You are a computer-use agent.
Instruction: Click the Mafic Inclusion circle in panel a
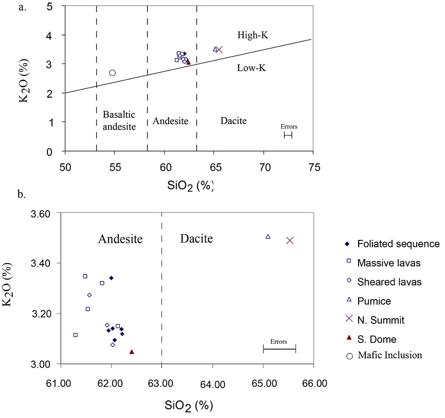[112, 73]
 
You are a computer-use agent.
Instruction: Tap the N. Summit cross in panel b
[290, 240]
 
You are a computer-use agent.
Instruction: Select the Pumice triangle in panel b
[268, 236]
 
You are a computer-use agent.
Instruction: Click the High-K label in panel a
[253, 35]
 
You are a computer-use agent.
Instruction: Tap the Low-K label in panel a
[251, 67]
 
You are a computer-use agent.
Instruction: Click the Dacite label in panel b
[196, 238]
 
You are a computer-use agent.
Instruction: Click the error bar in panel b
[279, 350]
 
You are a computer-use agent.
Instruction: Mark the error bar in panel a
[288, 135]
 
